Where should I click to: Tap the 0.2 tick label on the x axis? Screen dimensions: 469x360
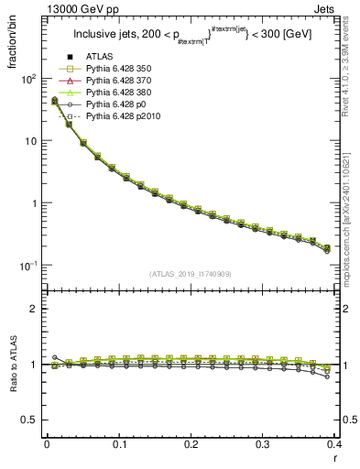point(191,443)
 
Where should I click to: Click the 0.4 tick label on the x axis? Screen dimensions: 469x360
point(333,443)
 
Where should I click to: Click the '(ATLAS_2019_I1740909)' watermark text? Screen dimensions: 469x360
point(191,274)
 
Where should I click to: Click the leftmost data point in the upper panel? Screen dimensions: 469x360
point(54,101)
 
